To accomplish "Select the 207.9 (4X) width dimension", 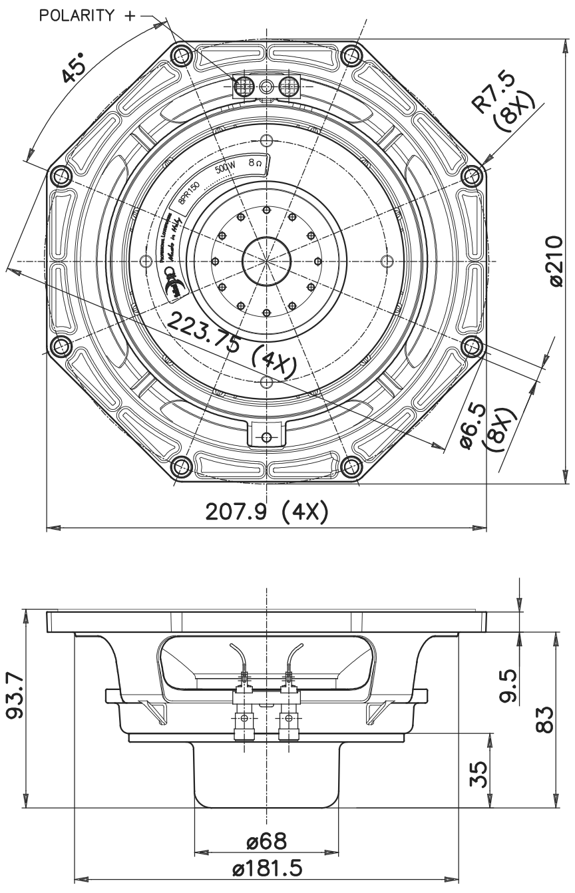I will (x=266, y=513).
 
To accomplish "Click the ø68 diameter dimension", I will (x=266, y=841).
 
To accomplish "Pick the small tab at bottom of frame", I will (x=266, y=437).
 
